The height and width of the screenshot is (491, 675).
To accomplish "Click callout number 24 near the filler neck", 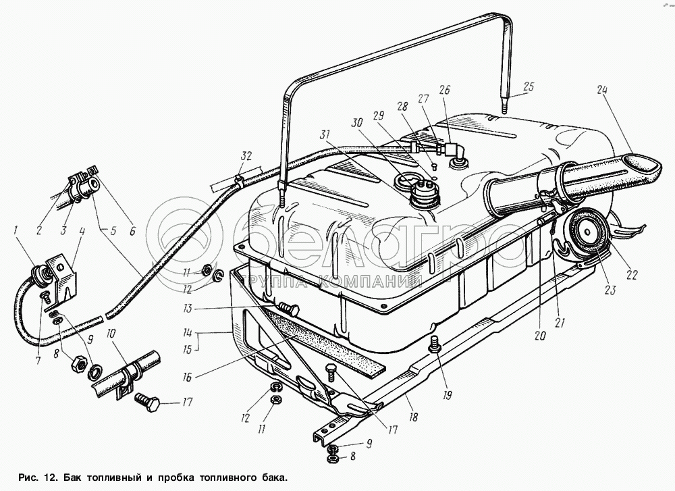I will pos(601,91).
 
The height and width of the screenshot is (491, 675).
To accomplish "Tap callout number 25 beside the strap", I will pos(528,86).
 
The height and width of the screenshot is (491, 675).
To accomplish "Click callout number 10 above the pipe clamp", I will pos(110,333).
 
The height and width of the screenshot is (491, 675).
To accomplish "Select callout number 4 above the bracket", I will pos(81,233).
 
